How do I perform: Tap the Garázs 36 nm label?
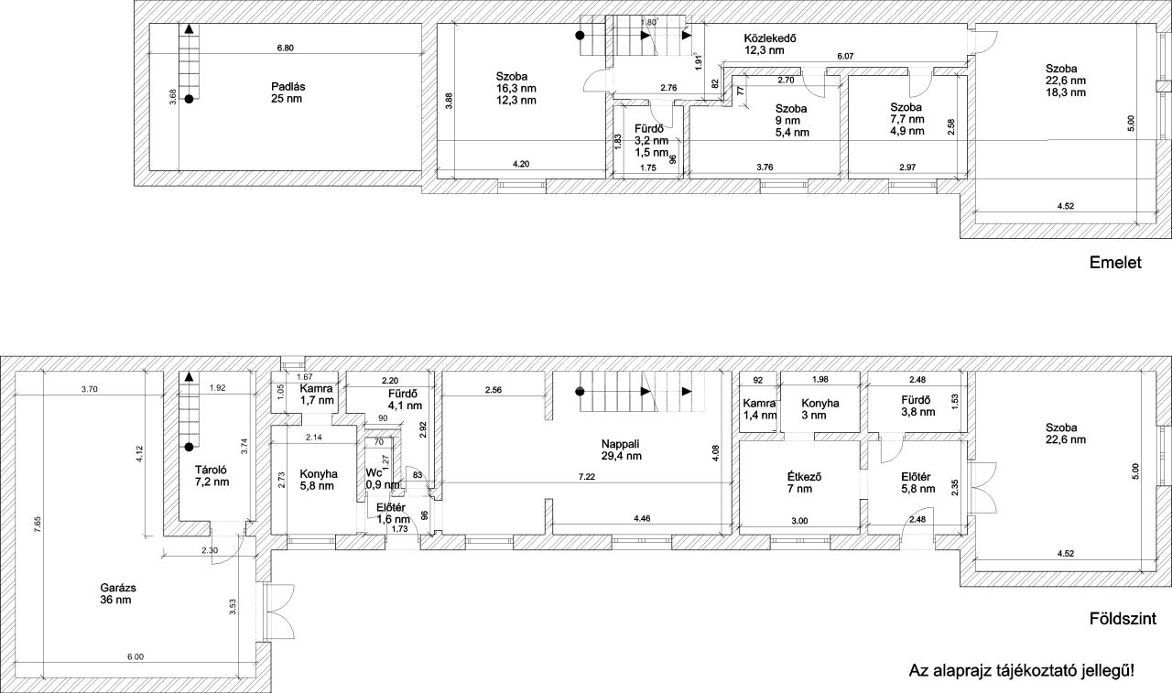[118, 594]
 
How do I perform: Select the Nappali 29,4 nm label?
[621, 449]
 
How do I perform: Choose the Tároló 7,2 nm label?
[212, 475]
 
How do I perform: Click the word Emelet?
[1115, 263]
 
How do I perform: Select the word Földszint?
[1123, 619]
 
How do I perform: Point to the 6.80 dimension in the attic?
[285, 49]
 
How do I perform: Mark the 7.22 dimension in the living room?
[587, 477]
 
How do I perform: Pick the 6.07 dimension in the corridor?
[845, 57]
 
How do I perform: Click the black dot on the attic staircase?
[189, 98]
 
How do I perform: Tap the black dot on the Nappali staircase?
[580, 391]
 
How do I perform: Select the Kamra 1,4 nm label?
[759, 409]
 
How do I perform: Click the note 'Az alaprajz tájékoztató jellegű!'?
[1021, 670]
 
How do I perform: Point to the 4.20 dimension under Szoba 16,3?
[521, 164]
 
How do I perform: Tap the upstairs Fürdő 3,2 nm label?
[651, 141]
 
